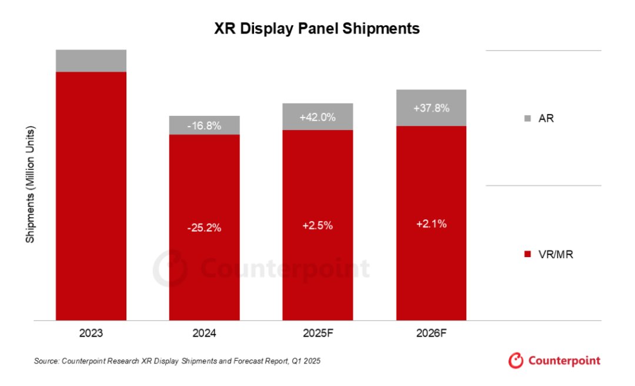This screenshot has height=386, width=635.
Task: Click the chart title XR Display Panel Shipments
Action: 317,28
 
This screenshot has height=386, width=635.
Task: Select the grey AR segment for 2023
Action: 91,61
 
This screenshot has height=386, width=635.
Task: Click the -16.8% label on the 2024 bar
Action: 204,125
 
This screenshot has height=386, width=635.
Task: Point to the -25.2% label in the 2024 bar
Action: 204,228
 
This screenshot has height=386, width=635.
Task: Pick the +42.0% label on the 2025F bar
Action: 317,117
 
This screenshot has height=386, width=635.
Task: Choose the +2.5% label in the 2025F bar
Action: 317,226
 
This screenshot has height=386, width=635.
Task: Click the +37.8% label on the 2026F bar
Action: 431,108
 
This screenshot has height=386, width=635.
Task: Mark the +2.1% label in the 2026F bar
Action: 431,224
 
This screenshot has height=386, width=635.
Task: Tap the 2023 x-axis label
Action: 91,333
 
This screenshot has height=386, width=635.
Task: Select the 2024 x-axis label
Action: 204,333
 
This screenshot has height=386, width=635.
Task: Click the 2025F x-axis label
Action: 317,333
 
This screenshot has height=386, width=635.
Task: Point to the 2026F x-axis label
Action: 431,333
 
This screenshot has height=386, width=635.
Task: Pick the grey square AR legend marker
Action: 526,119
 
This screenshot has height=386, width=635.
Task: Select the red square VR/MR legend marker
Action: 526,254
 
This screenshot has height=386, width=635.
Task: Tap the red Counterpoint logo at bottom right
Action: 554,360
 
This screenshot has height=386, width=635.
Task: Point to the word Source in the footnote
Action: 46,360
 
